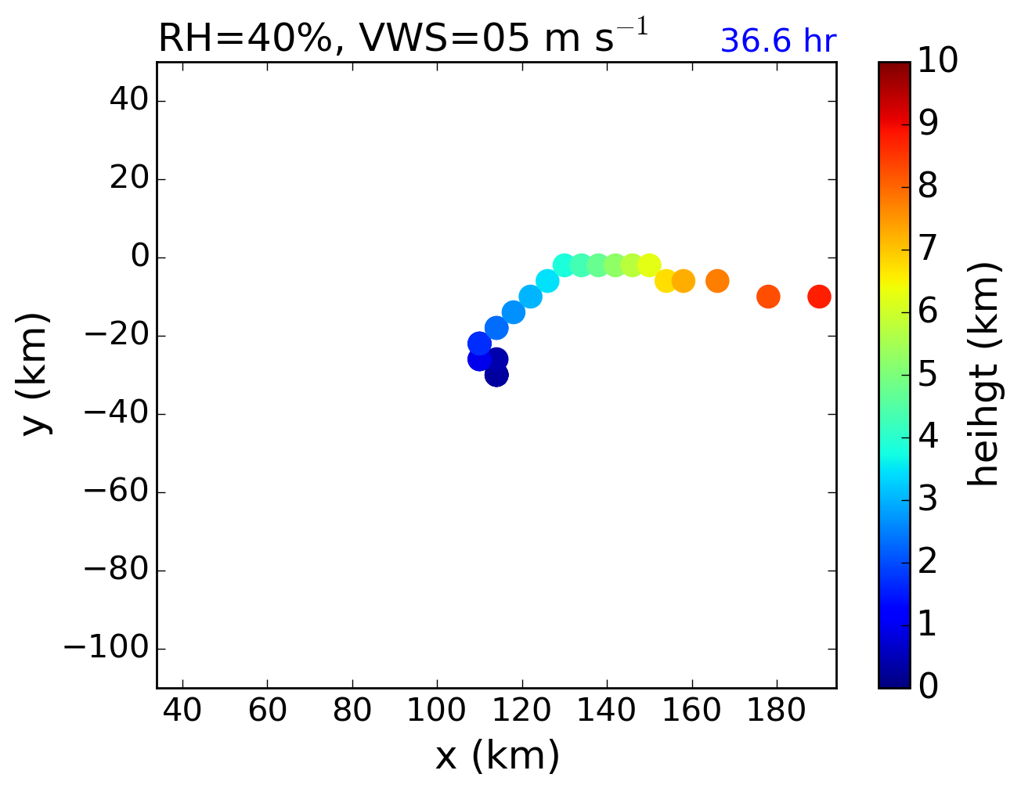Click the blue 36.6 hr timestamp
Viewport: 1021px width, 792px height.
(777, 41)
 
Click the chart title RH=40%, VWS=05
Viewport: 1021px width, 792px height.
(402, 38)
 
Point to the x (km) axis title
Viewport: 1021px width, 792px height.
(497, 755)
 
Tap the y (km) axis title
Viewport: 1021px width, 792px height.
(35, 374)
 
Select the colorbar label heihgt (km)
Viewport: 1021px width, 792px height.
(983, 374)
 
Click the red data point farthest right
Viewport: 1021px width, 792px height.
(819, 297)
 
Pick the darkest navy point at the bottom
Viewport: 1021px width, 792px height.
(496, 375)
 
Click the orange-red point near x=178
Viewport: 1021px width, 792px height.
(768, 297)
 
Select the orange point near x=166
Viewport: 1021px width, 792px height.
(717, 281)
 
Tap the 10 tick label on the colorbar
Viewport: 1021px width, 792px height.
(937, 60)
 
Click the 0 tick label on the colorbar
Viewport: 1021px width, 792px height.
(928, 686)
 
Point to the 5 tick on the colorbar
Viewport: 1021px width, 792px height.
(928, 374)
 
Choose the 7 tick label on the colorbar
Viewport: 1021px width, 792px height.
(928, 249)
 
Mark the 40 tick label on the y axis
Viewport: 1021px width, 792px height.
(123, 101)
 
